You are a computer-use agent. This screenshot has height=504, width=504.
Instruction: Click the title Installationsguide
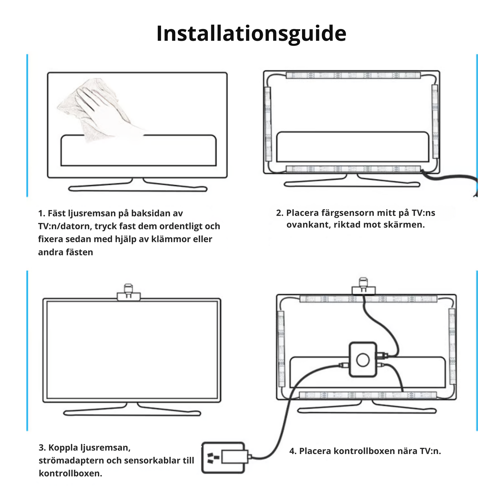pos(251,33)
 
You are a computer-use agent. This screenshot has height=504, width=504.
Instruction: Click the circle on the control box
pos(363,360)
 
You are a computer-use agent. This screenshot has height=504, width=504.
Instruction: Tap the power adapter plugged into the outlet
pos(234,457)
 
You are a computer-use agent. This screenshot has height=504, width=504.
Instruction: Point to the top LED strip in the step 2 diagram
pos(353,75)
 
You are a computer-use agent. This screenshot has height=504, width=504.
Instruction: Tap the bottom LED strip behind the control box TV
pos(368,395)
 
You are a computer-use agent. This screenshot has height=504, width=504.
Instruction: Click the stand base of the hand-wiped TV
pos(138,188)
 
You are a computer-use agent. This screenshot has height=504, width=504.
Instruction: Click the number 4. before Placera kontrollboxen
pos(293,451)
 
